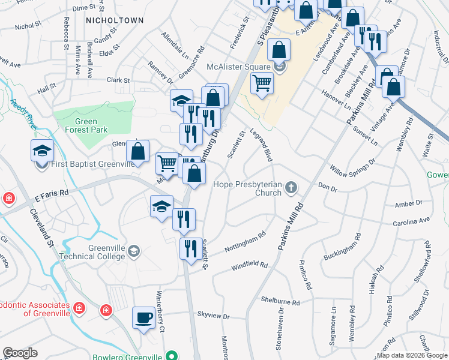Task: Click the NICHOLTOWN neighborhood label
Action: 115,20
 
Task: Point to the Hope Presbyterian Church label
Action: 247,188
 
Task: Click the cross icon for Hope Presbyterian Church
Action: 291,188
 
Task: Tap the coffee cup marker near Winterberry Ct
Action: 144,317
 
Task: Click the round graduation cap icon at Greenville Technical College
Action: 134,251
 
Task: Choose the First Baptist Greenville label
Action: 92,164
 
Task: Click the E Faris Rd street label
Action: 52,194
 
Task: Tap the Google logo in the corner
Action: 20,353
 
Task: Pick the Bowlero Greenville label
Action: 127,357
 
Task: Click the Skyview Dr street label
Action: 213,315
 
